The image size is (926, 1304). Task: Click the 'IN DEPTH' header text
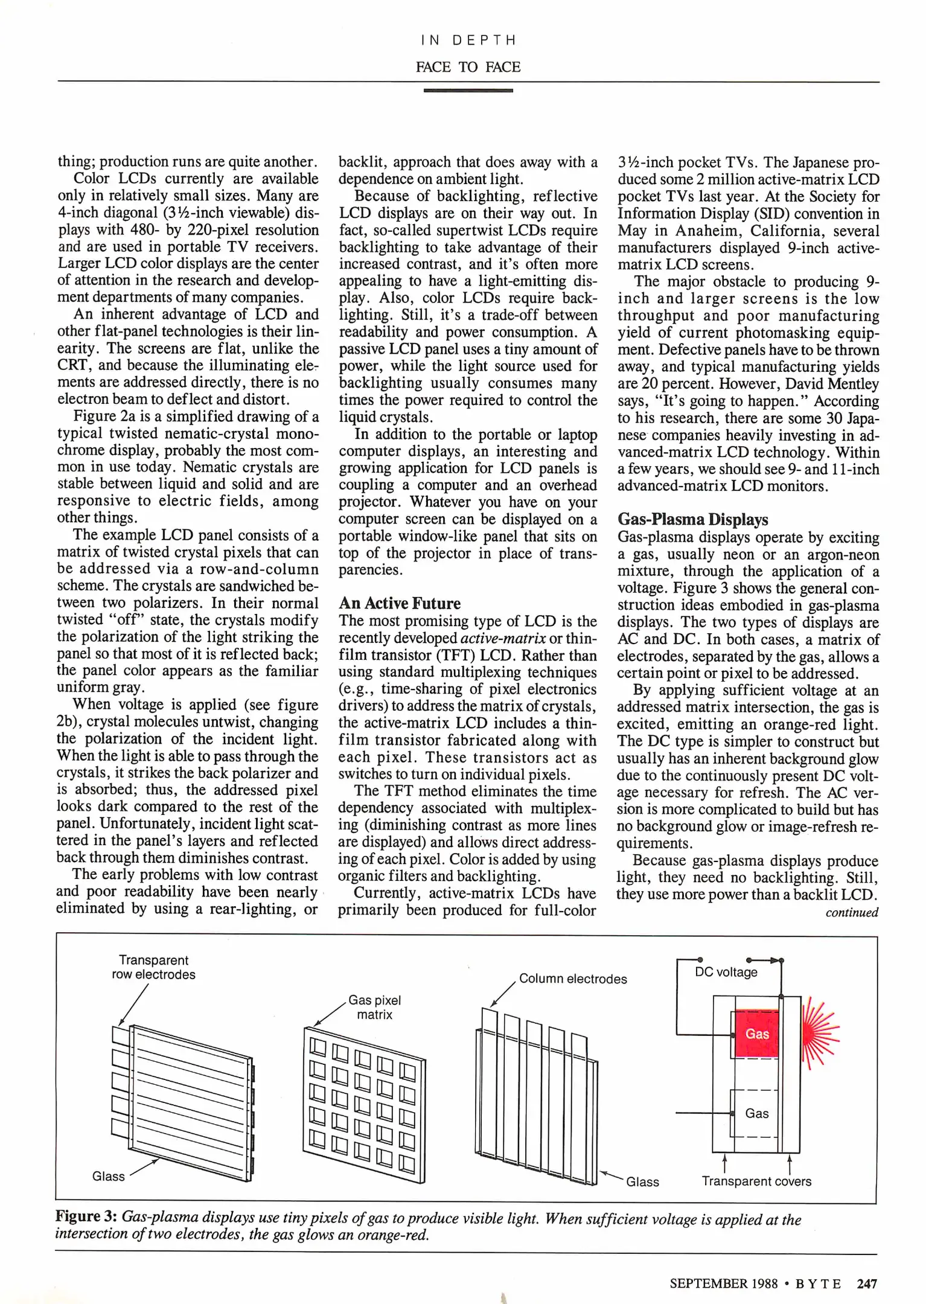coord(468,40)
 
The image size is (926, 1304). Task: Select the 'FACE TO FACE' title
coord(468,67)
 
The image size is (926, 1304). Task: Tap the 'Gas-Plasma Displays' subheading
coord(692,519)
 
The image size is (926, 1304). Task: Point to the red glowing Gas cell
coord(756,1034)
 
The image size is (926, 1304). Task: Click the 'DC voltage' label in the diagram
coord(726,972)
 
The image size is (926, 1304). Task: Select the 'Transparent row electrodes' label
coord(153,967)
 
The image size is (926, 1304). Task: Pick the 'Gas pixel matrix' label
coord(374,1007)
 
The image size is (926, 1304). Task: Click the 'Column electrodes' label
coord(572,979)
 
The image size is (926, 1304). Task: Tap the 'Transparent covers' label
coord(756,1181)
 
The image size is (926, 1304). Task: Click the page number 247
coord(867,1283)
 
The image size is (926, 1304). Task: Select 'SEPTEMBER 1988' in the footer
coord(723,1283)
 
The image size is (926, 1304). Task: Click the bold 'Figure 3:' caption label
coord(86,1216)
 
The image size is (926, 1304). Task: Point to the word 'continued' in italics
coord(851,912)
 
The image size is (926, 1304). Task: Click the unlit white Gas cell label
coord(756,1113)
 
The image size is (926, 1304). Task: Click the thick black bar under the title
coord(468,91)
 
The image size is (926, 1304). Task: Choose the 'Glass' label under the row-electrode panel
coord(108,1175)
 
